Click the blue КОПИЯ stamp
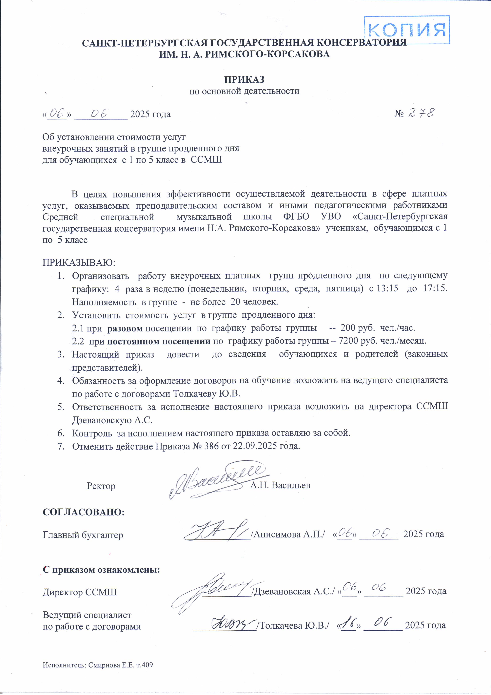tap(407, 30)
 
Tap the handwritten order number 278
tap(422, 113)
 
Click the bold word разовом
tap(125, 328)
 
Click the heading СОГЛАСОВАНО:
tap(84, 512)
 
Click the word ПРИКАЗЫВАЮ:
tap(79, 262)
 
